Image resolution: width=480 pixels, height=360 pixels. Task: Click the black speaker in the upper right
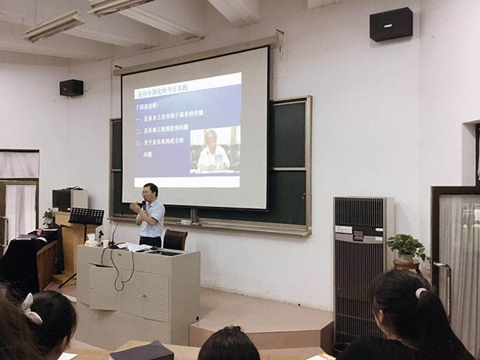(x=390, y=24)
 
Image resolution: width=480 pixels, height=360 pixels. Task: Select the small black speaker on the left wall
(x=70, y=87)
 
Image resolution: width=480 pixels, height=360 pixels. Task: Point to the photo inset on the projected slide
(x=214, y=149)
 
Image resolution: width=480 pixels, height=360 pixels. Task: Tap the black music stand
(x=86, y=216)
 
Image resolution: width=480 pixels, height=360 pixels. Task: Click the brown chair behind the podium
(x=174, y=239)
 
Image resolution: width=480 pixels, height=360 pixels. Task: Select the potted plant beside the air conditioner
(x=407, y=246)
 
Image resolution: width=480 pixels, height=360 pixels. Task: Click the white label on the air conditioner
(x=343, y=230)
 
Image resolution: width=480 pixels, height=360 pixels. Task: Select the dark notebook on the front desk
(x=142, y=351)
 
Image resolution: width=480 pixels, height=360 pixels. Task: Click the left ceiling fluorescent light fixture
(x=54, y=26)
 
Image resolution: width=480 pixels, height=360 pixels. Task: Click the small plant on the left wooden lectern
(x=48, y=216)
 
